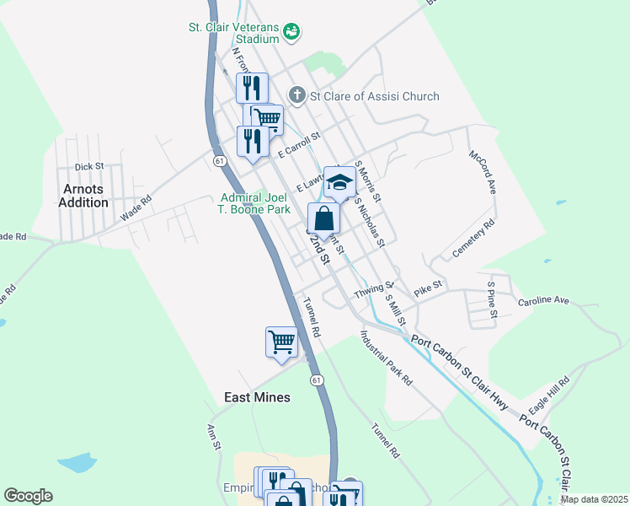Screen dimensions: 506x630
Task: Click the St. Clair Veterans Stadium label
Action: point(233,32)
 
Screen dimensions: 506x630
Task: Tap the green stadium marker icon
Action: point(291,32)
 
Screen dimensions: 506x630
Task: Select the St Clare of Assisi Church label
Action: point(374,96)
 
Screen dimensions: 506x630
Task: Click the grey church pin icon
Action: point(296,95)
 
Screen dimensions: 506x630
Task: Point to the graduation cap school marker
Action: point(339,183)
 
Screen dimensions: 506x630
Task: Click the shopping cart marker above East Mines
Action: point(281,342)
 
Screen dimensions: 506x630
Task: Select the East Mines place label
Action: point(257,397)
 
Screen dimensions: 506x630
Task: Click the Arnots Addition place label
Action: point(83,196)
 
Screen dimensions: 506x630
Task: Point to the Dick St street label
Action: point(88,167)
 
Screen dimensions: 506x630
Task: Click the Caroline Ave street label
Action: point(543,301)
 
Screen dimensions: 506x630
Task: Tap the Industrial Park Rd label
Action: point(386,358)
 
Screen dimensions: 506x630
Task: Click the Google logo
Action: point(28,496)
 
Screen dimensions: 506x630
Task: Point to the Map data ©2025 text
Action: point(594,499)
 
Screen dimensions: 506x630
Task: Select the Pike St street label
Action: point(428,288)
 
